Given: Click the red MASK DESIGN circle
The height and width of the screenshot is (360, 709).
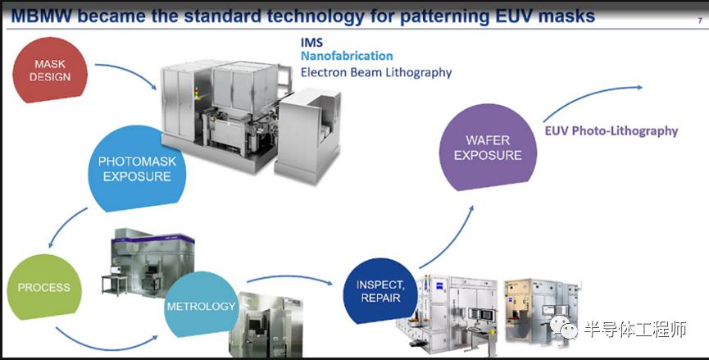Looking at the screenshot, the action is (x=50, y=70).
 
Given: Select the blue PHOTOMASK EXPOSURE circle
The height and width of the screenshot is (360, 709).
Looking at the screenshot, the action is (x=137, y=169).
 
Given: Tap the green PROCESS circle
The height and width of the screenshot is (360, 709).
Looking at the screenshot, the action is (x=44, y=287).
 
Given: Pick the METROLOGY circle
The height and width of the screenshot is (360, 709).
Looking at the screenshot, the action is (x=201, y=304).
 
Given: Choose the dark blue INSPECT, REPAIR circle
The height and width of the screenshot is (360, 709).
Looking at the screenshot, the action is (x=380, y=291).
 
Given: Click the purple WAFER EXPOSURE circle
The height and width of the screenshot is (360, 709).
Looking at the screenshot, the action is (x=488, y=148).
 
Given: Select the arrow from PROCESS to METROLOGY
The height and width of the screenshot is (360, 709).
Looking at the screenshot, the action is (x=107, y=346).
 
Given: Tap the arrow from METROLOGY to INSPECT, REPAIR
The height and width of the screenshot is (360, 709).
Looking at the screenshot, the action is (x=289, y=277).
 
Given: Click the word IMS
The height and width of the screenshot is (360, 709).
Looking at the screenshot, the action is (x=312, y=43).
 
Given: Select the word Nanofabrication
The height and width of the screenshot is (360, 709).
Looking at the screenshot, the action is (x=347, y=56).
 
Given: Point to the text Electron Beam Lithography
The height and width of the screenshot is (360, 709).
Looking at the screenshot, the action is (x=376, y=72).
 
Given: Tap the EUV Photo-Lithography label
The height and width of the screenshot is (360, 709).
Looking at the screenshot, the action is (x=611, y=131).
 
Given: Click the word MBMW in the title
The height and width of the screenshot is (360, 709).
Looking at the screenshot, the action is (x=41, y=16).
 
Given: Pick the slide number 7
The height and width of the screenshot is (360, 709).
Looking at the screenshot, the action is (x=700, y=21).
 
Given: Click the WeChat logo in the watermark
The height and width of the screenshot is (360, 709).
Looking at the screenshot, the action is (x=563, y=328).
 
